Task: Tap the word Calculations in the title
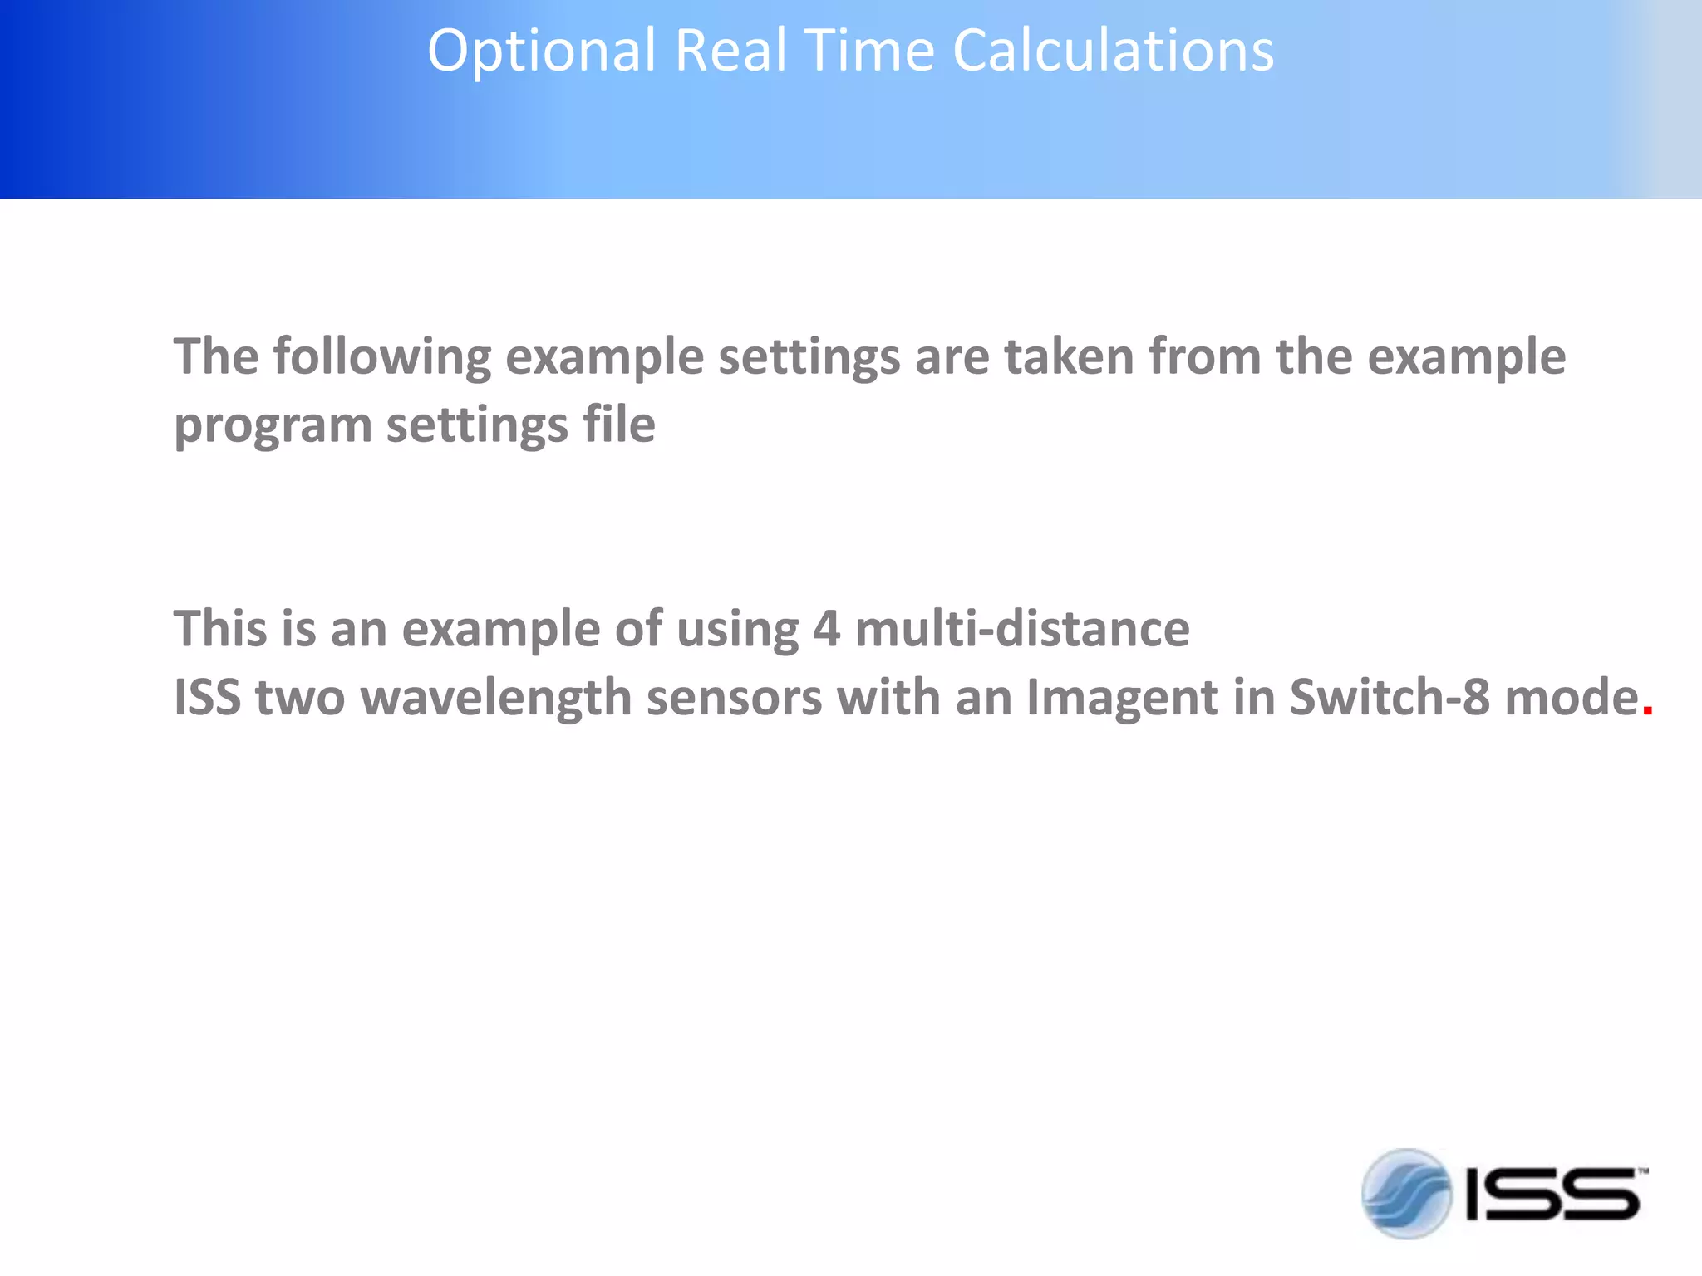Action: [x=1113, y=52]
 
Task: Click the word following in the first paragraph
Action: [x=381, y=358]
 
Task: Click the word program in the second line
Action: [x=273, y=426]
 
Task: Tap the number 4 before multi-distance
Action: [x=826, y=629]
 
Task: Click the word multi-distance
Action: [x=1022, y=629]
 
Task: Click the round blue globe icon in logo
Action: [x=1406, y=1194]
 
